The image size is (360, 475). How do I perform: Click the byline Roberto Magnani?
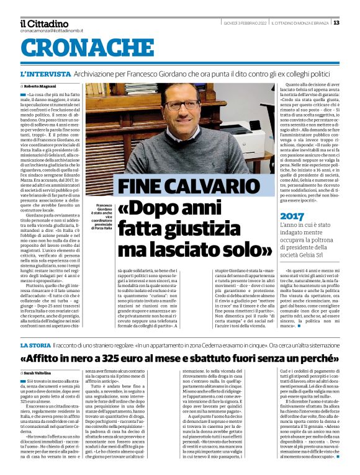click(41, 86)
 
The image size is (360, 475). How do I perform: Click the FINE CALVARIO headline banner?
click(181, 187)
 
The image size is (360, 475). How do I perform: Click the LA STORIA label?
click(35, 345)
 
